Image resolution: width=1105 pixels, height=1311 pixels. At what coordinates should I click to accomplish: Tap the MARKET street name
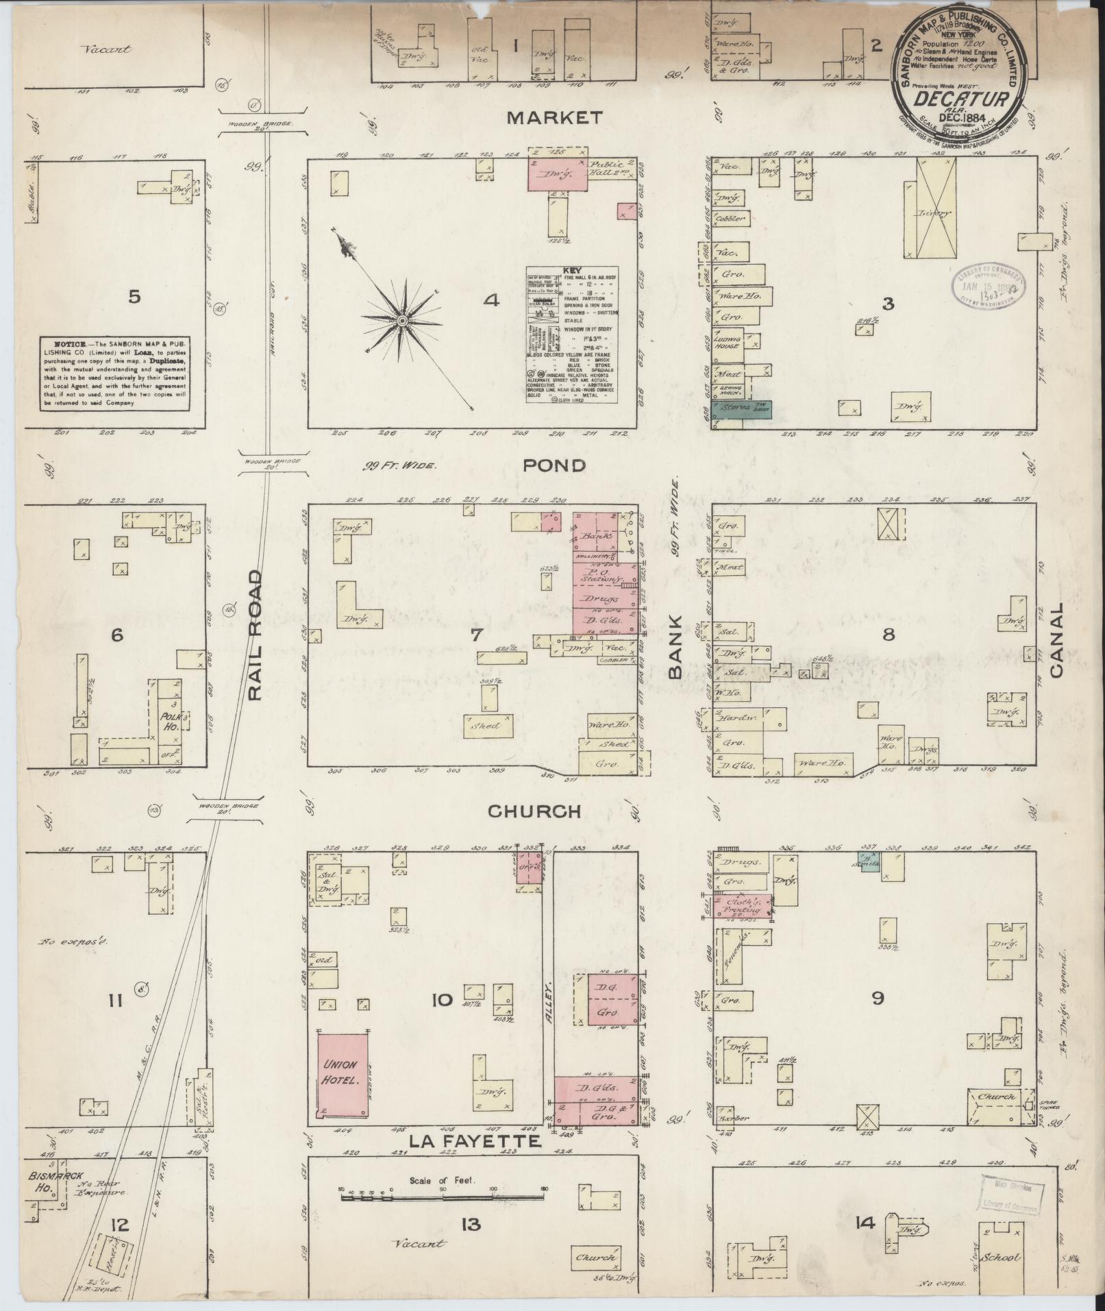pos(555,118)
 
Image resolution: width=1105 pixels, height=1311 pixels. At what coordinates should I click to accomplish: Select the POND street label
pos(554,465)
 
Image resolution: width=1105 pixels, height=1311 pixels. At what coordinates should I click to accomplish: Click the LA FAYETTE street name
pos(477,1141)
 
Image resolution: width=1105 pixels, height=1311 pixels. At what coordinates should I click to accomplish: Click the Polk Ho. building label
pos(171,720)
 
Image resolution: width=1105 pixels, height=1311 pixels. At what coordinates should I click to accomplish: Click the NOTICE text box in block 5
pos(114,373)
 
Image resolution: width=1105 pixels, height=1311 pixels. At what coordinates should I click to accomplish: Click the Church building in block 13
pos(597,1258)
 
